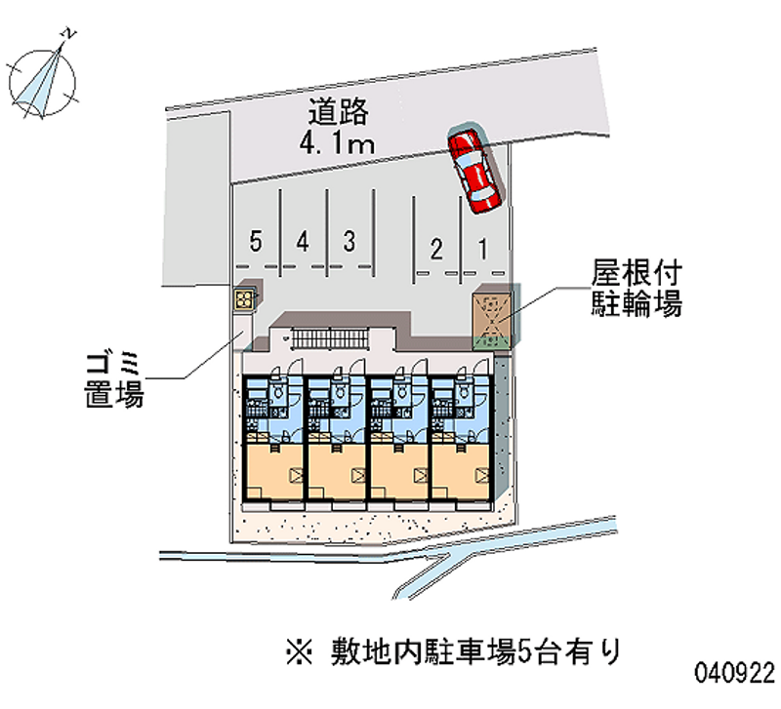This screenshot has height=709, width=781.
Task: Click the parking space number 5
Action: point(255,242)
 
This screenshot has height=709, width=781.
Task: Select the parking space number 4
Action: point(304,241)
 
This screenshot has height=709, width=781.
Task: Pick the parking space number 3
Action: point(349,241)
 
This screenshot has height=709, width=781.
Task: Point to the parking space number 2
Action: point(436,248)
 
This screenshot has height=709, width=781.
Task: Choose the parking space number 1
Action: point(482,248)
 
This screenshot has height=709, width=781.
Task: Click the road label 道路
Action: point(336,112)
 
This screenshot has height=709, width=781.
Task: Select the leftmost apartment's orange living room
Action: point(272,474)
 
